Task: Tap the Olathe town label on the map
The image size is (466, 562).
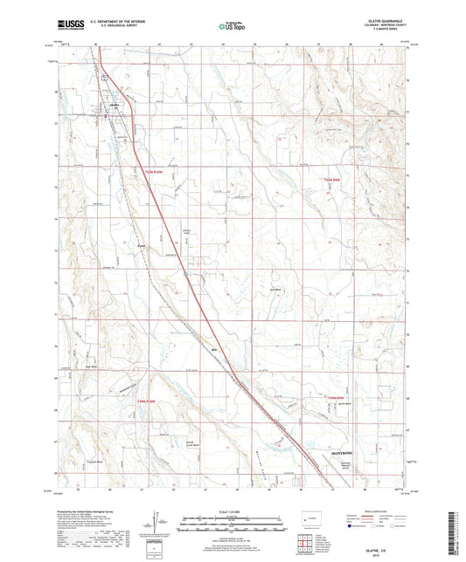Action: click(x=113, y=102)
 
